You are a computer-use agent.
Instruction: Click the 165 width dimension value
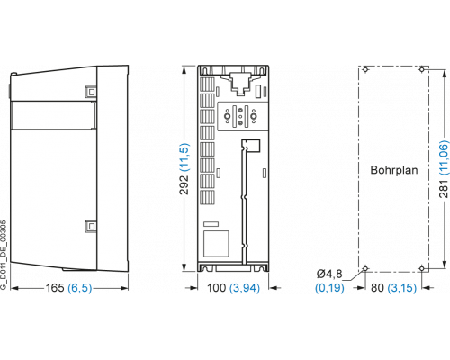click(x=55, y=288)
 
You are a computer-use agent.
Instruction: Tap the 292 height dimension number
click(x=184, y=184)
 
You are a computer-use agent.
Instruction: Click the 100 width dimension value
click(x=217, y=288)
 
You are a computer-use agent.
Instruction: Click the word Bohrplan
click(x=394, y=170)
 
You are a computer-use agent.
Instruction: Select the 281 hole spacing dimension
click(x=444, y=189)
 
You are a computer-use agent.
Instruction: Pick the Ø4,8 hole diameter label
click(x=329, y=274)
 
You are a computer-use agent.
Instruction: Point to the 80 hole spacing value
click(x=377, y=288)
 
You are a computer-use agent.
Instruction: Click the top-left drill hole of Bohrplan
click(x=365, y=69)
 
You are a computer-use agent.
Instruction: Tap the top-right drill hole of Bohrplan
click(x=422, y=69)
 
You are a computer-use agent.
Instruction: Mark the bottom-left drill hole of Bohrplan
click(x=365, y=268)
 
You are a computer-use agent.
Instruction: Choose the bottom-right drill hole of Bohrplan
click(x=422, y=268)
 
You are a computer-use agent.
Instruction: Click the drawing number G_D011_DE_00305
click(x=3, y=256)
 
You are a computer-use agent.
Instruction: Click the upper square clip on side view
click(x=91, y=92)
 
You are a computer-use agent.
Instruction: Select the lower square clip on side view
click(x=91, y=226)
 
